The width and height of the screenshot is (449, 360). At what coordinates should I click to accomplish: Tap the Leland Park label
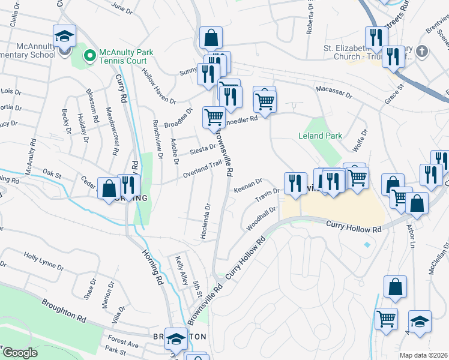320,136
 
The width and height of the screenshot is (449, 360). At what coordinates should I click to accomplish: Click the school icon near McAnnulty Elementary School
64,37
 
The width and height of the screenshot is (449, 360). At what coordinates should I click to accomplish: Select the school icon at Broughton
176,340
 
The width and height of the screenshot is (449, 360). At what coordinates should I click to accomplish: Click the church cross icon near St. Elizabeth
421,51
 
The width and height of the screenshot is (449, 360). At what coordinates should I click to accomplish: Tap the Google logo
20,353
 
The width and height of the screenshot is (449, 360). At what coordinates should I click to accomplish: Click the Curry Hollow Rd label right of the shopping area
354,228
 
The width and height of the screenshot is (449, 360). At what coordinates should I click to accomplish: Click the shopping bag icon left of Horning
109,189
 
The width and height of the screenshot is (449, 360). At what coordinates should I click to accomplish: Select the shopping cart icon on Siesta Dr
214,117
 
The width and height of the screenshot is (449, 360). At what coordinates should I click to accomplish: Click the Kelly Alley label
181,271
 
